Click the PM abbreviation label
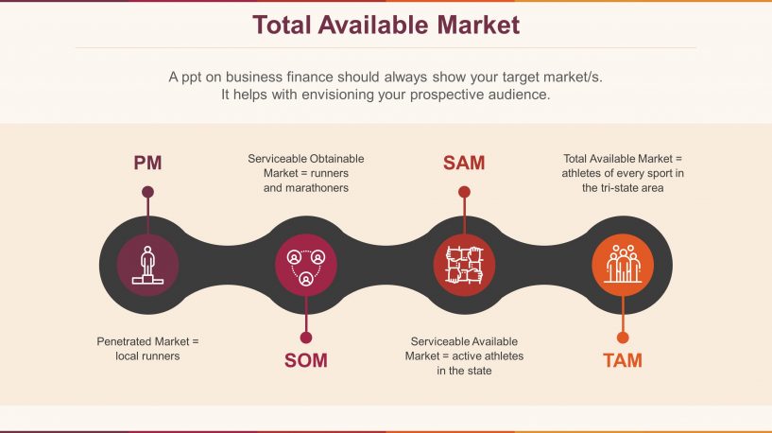pos(147,163)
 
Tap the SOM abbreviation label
pos(306,360)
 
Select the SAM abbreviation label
pos(464,163)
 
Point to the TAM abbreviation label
pos(622,360)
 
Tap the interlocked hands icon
pos(464,264)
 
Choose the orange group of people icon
pos(622,264)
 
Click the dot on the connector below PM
pos(147,192)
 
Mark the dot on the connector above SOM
pos(306,337)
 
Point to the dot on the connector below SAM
pos(464,192)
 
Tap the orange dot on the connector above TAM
pos(622,337)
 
